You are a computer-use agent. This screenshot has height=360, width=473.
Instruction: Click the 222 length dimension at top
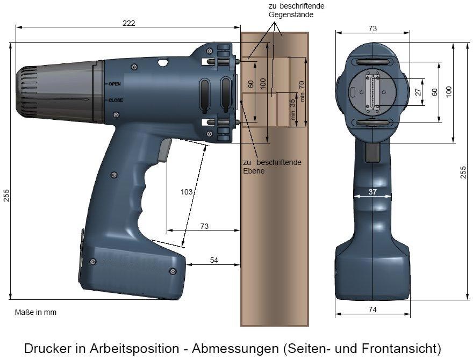pos(129,23)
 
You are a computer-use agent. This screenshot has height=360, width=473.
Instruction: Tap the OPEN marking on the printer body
pos(114,84)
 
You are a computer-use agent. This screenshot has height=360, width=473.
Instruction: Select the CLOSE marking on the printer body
pos(116,100)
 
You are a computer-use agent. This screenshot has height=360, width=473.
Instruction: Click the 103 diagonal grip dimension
pos(187,192)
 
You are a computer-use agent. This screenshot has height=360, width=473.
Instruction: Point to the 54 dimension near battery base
pos(214,260)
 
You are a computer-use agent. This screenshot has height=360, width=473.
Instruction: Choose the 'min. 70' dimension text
pos(302,91)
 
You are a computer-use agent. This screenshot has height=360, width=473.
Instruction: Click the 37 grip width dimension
pos(372,192)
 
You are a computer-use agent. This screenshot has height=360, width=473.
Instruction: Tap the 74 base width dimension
pos(372,309)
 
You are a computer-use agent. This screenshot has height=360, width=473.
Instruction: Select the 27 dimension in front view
pos(418,92)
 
